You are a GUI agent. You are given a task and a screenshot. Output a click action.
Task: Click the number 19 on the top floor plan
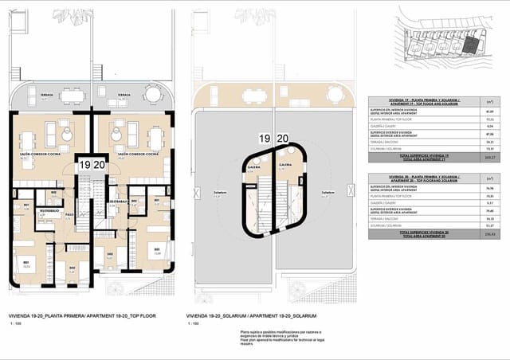84,165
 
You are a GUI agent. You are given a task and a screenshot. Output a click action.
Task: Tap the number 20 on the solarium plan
282,138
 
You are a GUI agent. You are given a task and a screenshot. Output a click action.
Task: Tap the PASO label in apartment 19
69,214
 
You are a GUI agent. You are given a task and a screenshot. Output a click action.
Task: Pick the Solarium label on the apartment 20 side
328,193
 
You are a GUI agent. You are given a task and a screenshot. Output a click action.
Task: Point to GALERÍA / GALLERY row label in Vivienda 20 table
385,202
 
